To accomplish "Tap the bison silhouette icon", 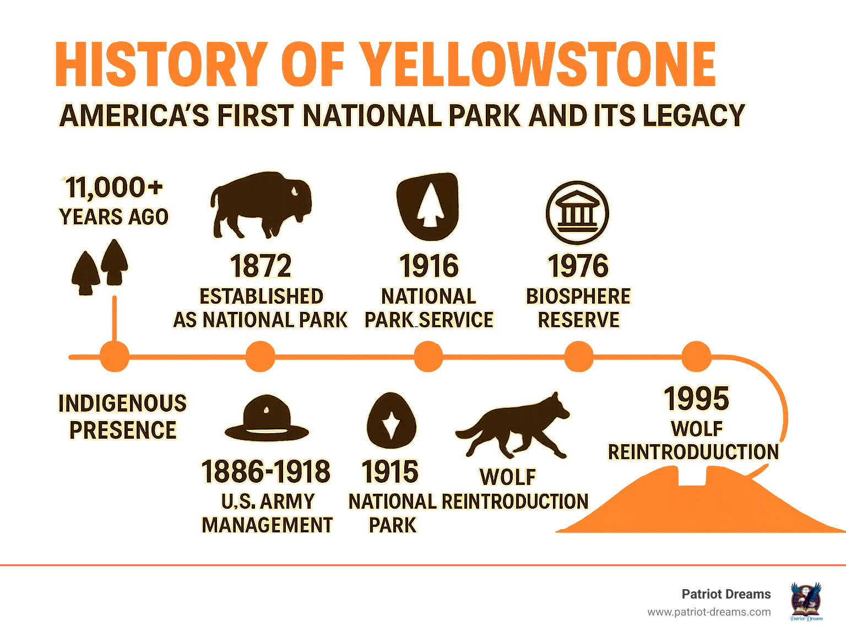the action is [261, 205].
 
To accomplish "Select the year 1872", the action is [261, 266].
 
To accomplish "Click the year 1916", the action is [429, 266].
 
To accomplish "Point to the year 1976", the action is [578, 266].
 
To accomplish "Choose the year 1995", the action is [696, 398].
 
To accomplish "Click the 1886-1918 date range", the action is [266, 471].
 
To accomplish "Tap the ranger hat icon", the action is [267, 418].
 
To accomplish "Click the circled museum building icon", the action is [577, 213].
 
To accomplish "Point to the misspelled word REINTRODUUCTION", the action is [693, 451].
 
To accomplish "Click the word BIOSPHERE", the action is [578, 296].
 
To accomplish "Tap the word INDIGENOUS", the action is [123, 403].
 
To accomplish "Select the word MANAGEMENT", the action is [267, 525].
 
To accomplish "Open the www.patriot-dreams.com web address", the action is [709, 612].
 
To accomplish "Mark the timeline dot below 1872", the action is [261, 357].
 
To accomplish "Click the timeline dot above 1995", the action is [696, 357].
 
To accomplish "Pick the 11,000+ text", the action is [114, 188].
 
